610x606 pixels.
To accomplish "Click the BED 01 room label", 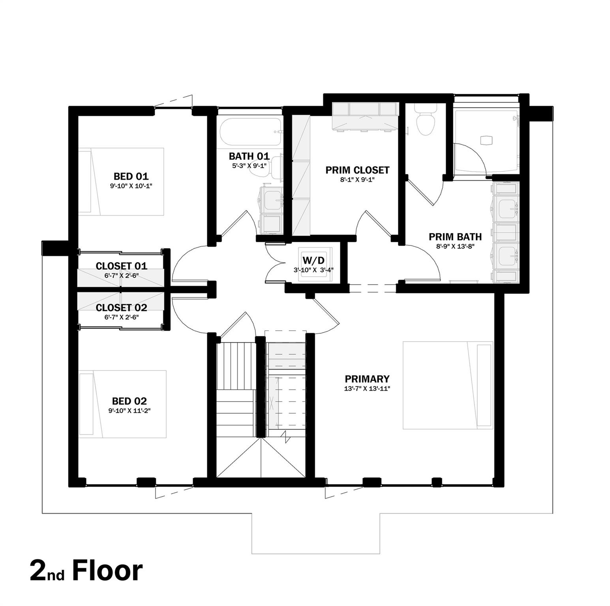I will click(x=131, y=176).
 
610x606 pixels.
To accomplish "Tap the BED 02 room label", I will click(x=129, y=401).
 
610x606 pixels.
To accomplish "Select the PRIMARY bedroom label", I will click(x=367, y=379).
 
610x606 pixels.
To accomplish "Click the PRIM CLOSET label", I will click(x=357, y=170).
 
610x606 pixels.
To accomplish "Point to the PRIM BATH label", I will click(x=455, y=237).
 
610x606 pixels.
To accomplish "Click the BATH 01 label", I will click(x=249, y=156).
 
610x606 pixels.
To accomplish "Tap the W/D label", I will click(x=313, y=260).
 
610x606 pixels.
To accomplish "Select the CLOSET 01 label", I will click(x=121, y=266).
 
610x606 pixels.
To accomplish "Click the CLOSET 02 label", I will click(x=121, y=307).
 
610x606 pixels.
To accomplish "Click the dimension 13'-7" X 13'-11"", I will click(x=367, y=389).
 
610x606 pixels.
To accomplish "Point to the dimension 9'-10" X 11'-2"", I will click(x=129, y=411).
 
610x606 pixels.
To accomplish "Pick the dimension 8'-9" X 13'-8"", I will click(x=455, y=246).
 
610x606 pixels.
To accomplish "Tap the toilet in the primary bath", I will click(x=426, y=122).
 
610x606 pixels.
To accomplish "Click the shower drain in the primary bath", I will click(x=486, y=140).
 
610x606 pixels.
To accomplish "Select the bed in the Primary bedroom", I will click(x=448, y=385).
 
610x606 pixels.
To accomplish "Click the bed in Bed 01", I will click(x=121, y=181).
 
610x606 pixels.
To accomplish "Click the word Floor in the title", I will click(x=107, y=570).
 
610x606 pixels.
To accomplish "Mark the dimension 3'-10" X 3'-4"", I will click(x=313, y=270).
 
